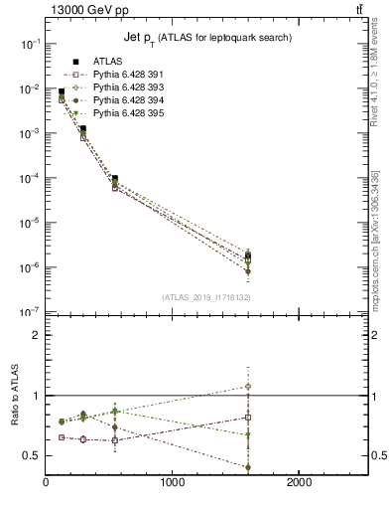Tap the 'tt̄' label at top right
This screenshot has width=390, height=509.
coord(358,10)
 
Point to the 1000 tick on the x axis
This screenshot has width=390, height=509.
coord(173,481)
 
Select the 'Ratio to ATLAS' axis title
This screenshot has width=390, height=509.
coord(13,411)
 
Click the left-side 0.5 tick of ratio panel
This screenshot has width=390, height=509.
coord(33,455)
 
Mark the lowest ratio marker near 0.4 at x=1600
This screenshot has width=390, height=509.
coord(248,467)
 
